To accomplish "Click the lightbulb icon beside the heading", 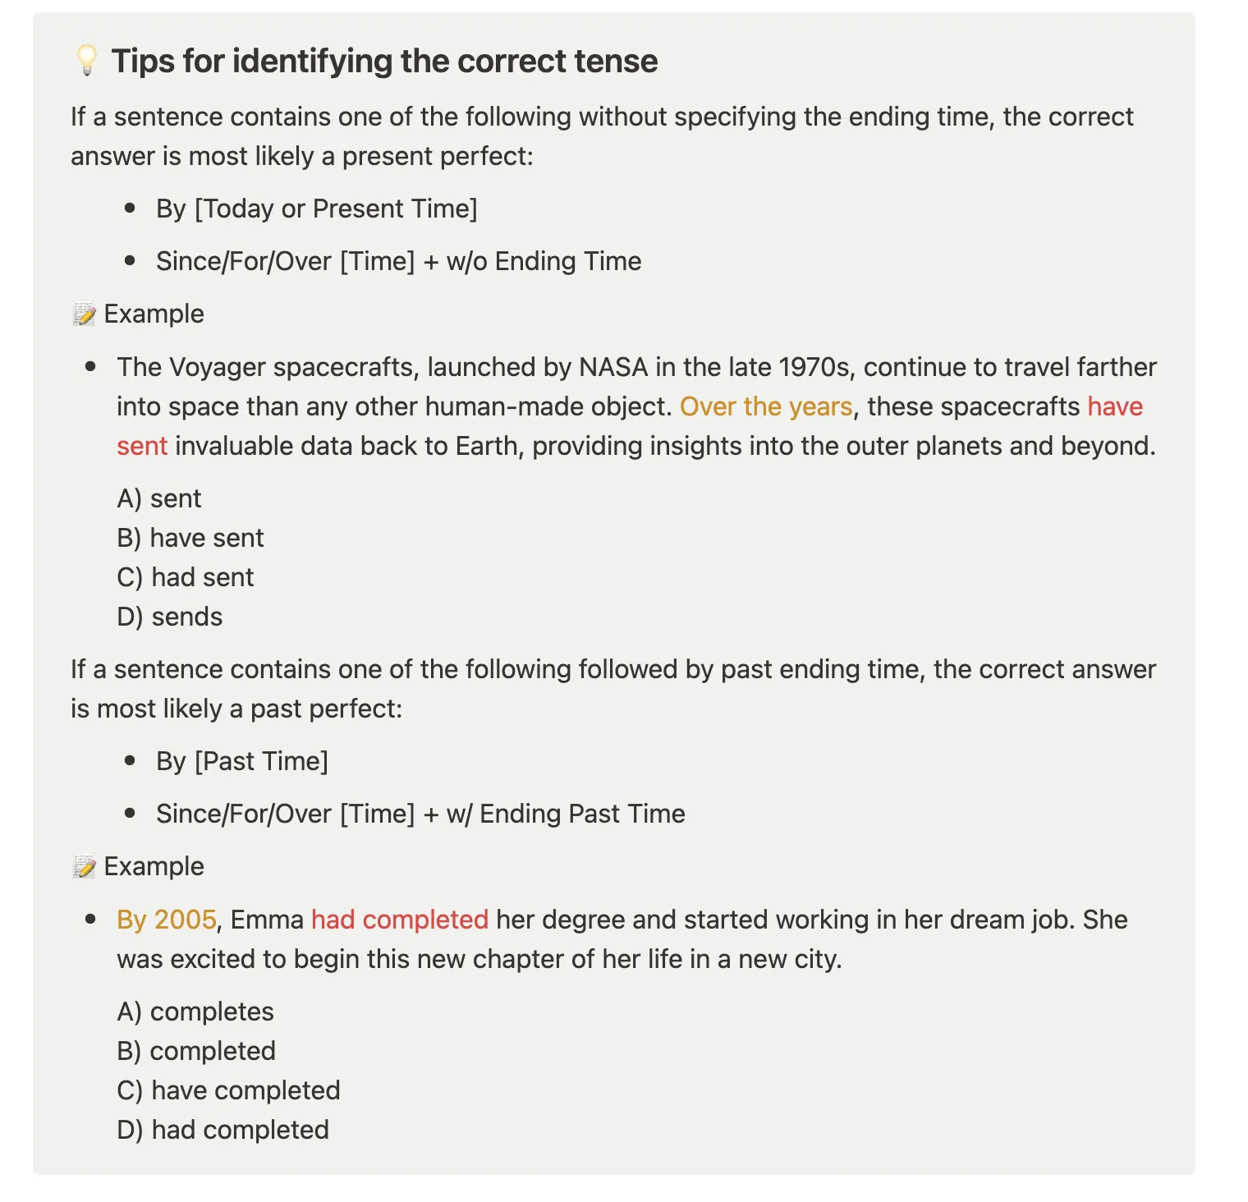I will [86, 61].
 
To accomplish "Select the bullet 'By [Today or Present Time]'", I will [316, 209].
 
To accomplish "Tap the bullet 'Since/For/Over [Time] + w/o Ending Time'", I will [398, 262].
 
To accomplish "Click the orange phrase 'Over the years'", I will [766, 407].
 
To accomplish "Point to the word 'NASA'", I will [613, 367].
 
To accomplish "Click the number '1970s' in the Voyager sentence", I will [814, 367].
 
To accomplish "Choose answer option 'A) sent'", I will [159, 499].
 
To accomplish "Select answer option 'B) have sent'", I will [190, 539].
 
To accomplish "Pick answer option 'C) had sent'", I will [186, 578].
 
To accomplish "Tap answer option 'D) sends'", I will [170, 617].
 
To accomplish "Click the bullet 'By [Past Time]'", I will [241, 762].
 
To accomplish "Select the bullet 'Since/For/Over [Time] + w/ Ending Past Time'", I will [420, 814].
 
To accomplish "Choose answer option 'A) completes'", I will [195, 1012].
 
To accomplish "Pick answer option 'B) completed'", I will [196, 1052].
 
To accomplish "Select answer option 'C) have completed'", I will [228, 1091].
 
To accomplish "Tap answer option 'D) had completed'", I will [223, 1131].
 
